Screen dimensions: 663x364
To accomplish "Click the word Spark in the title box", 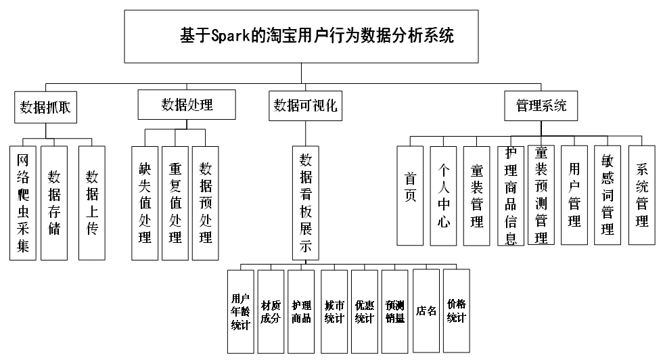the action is [x=231, y=35].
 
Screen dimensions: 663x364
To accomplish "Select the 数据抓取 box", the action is [x=46, y=108].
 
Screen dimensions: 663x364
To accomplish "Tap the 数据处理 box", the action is [x=187, y=104].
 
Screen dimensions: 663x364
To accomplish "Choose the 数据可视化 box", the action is [x=305, y=106].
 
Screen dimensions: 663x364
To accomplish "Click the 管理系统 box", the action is [x=541, y=106].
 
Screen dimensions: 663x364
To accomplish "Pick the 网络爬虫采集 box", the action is [x=23, y=203].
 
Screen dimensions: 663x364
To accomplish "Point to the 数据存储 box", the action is [x=54, y=203].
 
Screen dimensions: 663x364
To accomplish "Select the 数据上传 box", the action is [x=92, y=203].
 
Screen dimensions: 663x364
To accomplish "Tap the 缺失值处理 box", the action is [x=145, y=203].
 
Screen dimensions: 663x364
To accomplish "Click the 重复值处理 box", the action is [x=175, y=203].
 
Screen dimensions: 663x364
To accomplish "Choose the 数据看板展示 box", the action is [x=306, y=203].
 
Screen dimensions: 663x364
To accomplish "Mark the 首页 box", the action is [x=410, y=196].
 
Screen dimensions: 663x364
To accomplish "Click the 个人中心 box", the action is [x=443, y=196].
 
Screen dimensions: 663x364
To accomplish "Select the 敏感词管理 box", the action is [x=608, y=196].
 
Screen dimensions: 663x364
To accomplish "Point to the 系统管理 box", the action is [x=641, y=196].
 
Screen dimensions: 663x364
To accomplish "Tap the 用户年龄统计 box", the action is [x=241, y=312].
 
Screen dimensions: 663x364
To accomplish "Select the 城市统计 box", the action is [x=334, y=312].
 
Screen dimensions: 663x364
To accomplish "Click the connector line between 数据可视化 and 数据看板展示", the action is [x=306, y=133].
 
